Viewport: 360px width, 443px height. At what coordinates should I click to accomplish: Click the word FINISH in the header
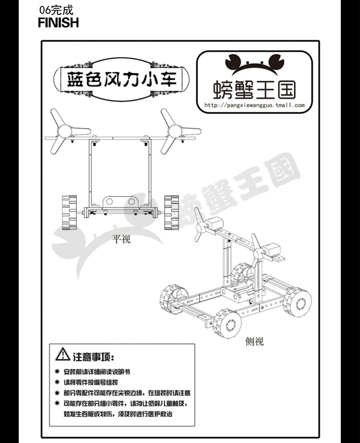58,23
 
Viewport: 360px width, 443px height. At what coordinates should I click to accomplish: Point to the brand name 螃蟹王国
254,89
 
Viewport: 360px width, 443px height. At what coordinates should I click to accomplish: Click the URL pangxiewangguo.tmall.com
254,105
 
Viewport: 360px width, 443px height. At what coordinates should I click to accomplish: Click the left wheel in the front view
69,212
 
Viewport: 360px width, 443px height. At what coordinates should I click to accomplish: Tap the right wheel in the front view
171,212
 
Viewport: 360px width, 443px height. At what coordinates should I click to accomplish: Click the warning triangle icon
63,355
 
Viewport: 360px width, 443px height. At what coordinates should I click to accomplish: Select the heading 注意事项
93,357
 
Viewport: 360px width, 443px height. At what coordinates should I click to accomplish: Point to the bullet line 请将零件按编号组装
91,382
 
